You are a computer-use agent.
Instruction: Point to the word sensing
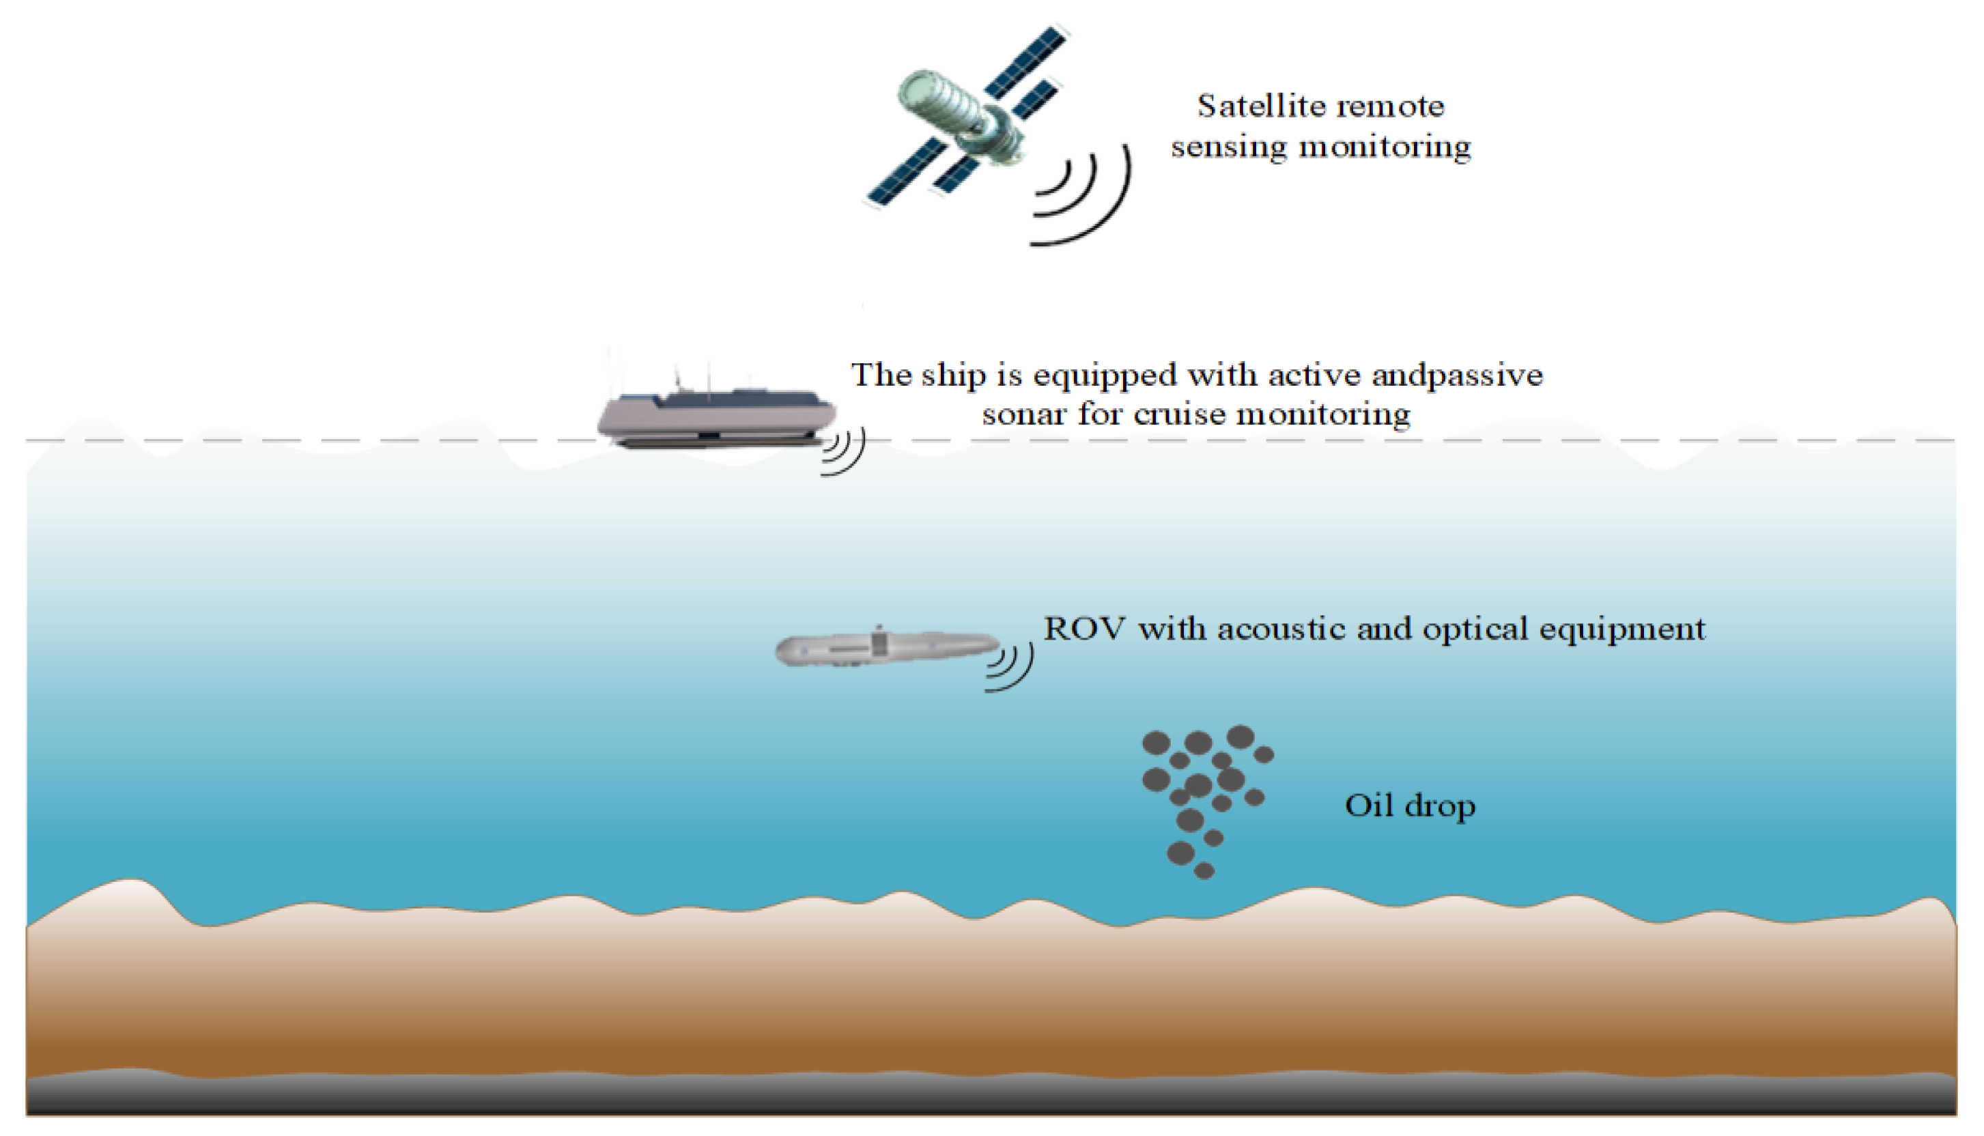click(1228, 147)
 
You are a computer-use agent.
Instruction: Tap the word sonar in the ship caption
click(1023, 414)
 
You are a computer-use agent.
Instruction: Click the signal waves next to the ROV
click(1011, 668)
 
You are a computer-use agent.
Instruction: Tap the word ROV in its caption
click(1084, 628)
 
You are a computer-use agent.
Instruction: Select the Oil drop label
click(1410, 806)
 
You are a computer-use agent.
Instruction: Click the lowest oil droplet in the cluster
click(1204, 870)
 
